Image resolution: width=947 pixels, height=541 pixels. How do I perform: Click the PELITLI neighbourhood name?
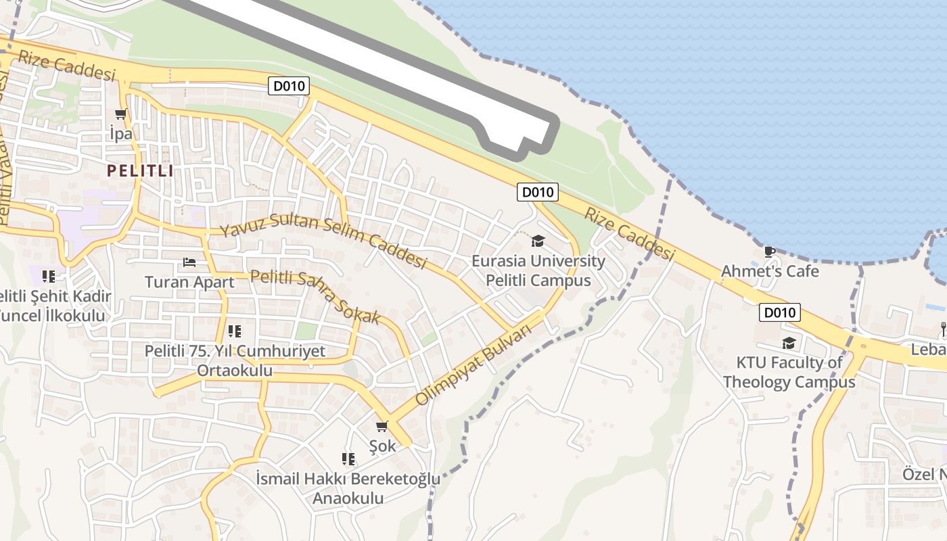(x=140, y=170)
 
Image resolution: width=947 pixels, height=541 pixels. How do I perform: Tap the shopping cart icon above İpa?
(x=121, y=114)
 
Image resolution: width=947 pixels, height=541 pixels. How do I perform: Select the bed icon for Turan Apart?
(x=189, y=262)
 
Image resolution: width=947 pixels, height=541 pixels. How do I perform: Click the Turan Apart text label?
(x=189, y=281)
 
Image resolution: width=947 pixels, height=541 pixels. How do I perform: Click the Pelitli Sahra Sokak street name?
(x=315, y=296)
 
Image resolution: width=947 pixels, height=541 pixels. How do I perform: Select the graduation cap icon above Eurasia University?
(x=538, y=241)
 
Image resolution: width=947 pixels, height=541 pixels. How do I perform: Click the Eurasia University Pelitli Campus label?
(x=538, y=270)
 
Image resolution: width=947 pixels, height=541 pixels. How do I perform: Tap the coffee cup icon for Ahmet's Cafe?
(x=769, y=252)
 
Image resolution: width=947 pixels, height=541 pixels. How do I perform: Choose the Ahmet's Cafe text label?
(x=770, y=272)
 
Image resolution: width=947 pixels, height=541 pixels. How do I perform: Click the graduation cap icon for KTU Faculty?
(x=789, y=344)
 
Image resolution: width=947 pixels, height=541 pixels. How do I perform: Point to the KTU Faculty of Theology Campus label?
(x=789, y=372)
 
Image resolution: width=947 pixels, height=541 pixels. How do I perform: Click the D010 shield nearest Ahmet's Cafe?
(x=780, y=312)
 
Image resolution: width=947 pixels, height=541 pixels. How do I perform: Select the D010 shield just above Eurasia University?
(x=538, y=192)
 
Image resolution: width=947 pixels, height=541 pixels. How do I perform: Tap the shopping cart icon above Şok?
(x=382, y=426)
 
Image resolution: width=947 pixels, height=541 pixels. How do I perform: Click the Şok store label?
(x=382, y=446)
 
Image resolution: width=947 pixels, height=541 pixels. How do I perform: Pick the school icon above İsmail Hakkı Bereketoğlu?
(x=348, y=459)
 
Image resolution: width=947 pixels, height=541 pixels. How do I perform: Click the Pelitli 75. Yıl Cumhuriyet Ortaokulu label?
(x=235, y=361)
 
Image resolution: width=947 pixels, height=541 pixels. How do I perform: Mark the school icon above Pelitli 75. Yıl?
(x=235, y=331)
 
